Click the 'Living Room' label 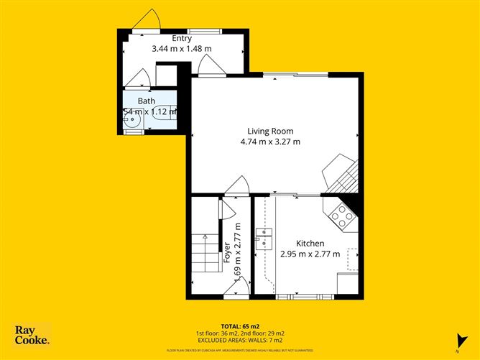pyautogui.click(x=270, y=131)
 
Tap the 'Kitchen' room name pyautogui.click(x=310, y=244)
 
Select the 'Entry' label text pyautogui.click(x=181, y=38)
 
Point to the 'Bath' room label pyautogui.click(x=147, y=101)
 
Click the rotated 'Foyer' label pyautogui.click(x=227, y=252)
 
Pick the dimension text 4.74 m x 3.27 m pyautogui.click(x=270, y=142)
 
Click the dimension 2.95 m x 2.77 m pyautogui.click(x=310, y=254)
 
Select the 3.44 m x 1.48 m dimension pyautogui.click(x=181, y=49)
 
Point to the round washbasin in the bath pyautogui.click(x=131, y=121)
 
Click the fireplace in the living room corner pyautogui.click(x=338, y=172)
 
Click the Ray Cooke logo pyautogui.click(x=32, y=335)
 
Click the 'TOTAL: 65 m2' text pyautogui.click(x=239, y=326)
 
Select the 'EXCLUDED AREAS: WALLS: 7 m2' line pyautogui.click(x=239, y=339)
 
